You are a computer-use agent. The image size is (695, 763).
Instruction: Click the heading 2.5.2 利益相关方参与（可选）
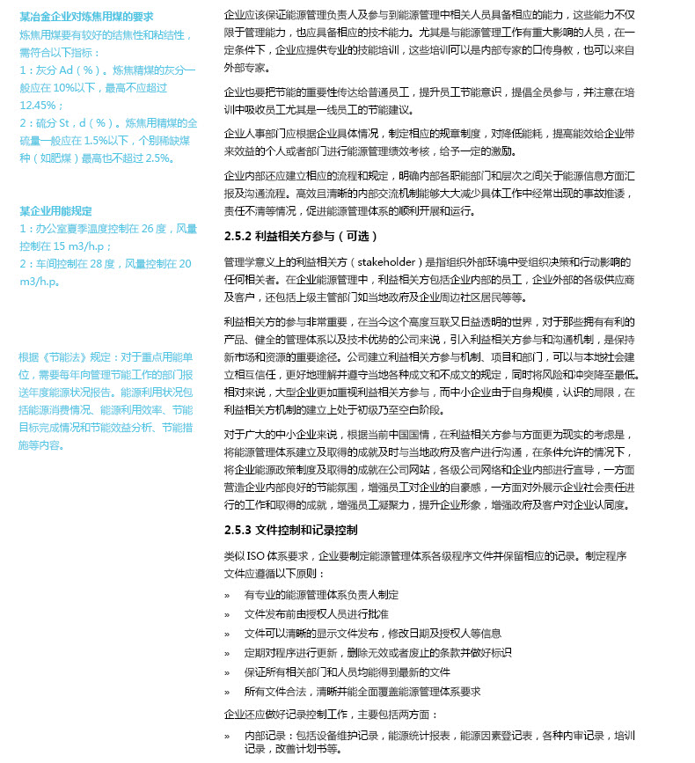pos(301,236)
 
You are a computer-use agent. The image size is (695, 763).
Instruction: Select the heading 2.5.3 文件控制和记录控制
pos(290,530)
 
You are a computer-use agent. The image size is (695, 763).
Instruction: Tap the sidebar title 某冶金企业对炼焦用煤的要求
pos(86,16)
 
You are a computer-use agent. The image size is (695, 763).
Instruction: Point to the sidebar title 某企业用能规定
pos(55,210)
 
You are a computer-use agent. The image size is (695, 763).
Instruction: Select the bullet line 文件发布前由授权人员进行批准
pos(316,613)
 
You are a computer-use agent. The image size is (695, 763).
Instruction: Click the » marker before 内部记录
pos(227,735)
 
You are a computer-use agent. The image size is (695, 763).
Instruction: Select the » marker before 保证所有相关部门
pos(227,671)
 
